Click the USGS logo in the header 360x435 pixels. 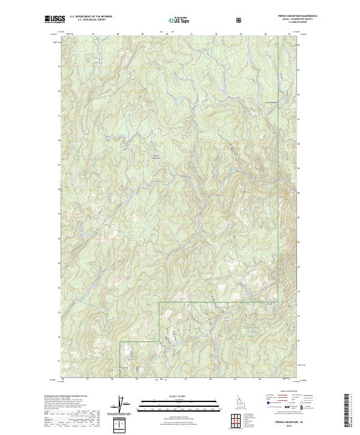[53, 19]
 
